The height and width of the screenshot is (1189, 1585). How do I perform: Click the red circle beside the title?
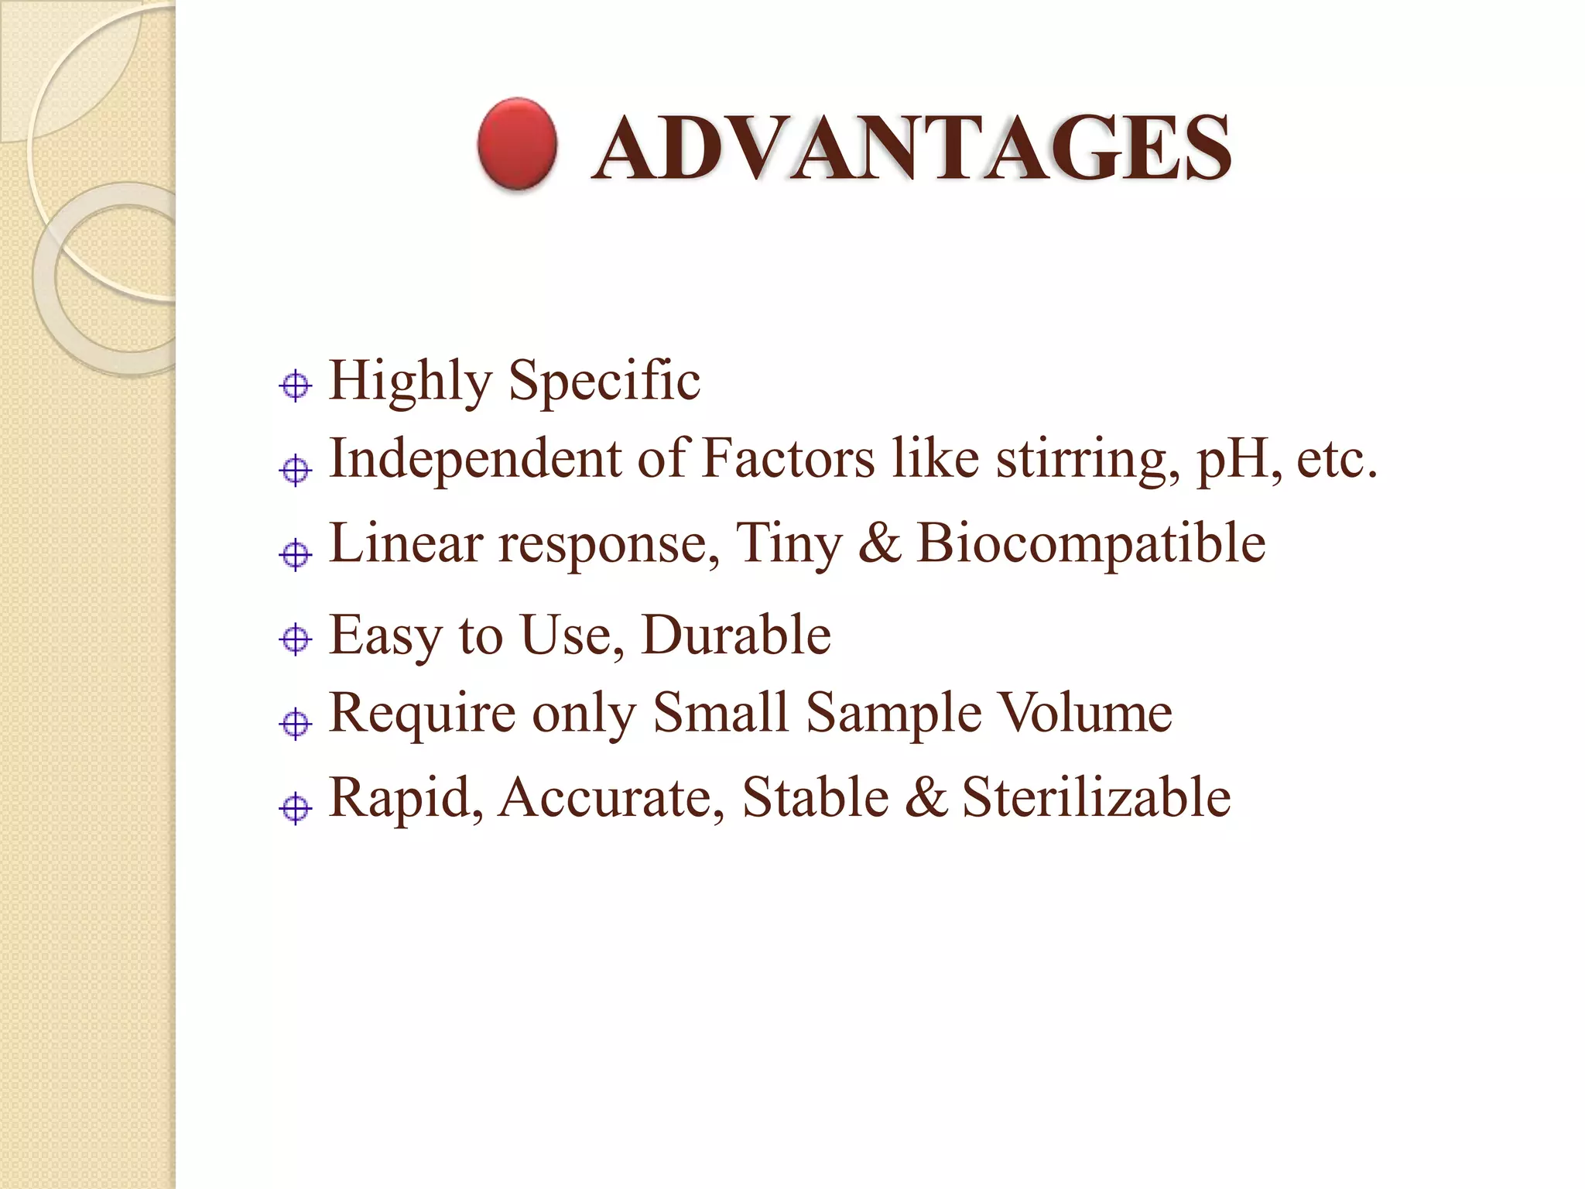[517, 145]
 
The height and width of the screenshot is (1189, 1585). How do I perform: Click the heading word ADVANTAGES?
[912, 148]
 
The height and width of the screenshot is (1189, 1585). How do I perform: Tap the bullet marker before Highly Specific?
[295, 385]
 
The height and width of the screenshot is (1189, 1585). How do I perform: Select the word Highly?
[410, 381]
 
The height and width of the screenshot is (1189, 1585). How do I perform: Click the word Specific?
[604, 381]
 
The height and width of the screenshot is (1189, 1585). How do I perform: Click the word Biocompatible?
[1091, 544]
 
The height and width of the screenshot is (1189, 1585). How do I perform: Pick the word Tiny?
[788, 544]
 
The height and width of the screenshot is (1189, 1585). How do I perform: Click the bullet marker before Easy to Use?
[295, 639]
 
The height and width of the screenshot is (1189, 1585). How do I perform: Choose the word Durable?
[736, 636]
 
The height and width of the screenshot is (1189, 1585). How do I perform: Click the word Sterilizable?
[1096, 797]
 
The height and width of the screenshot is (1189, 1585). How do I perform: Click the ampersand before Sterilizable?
[926, 797]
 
